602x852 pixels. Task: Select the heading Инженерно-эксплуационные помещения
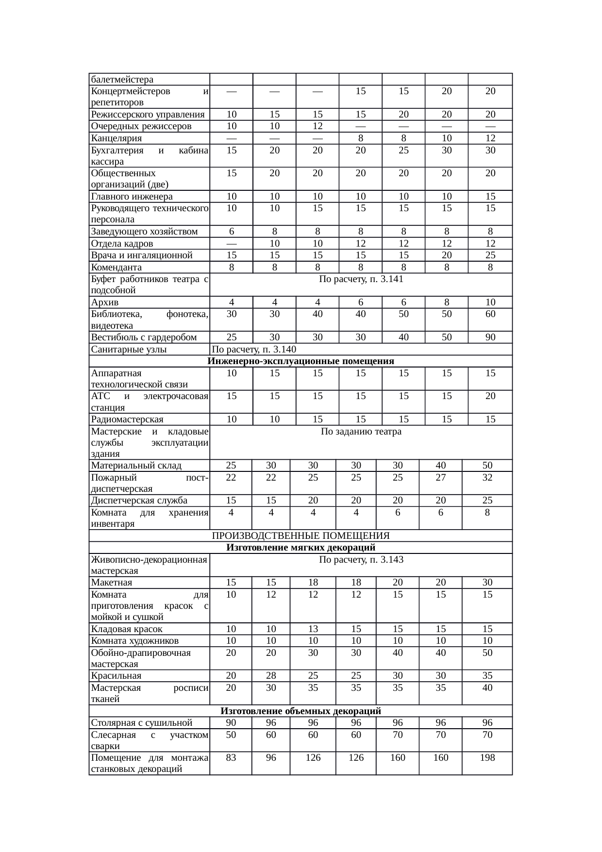301,361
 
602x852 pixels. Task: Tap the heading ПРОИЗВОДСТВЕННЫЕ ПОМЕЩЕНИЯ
301,535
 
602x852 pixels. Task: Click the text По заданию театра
361,432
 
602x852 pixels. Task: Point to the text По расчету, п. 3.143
361,560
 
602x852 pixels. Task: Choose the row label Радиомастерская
127,419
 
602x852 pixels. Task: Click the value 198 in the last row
487,757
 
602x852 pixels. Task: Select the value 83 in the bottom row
231,757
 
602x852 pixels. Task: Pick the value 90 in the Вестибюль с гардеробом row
490,337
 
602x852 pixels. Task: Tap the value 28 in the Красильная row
271,676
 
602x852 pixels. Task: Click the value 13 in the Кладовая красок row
313,629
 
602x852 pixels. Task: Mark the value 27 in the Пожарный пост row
440,477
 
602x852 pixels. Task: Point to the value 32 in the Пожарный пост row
487,477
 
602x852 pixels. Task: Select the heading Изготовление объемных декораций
301,711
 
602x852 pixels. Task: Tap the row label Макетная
112,583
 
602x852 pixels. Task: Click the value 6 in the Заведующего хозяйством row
232,232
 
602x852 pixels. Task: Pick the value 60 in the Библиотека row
490,314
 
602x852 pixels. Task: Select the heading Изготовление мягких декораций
301,548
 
